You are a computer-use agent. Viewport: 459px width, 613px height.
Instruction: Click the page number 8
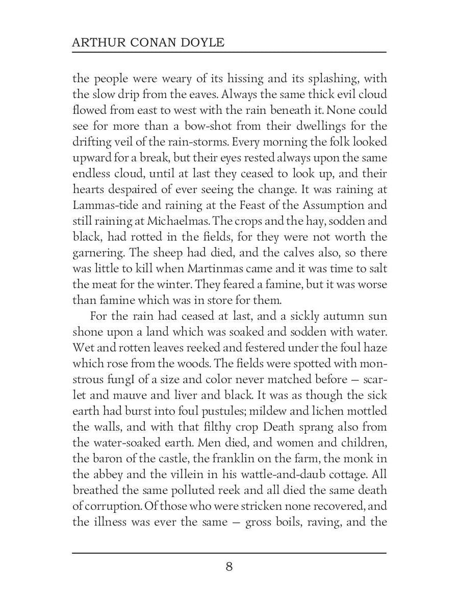229,567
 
